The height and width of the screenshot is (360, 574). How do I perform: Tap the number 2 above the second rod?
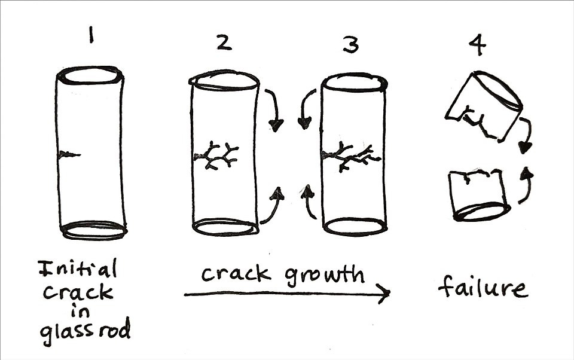pos(224,44)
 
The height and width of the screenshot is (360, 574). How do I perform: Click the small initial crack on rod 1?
pos(69,155)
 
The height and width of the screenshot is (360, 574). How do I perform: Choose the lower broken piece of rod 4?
pos(480,196)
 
